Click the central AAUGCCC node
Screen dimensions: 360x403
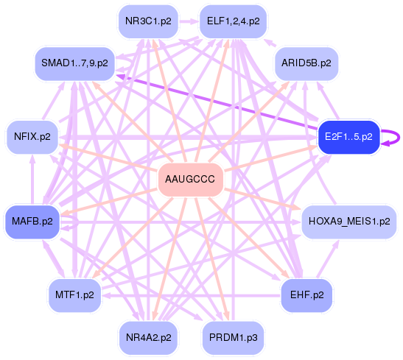coord(191,180)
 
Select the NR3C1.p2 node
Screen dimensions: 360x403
coord(149,21)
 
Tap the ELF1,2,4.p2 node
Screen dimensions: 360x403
coord(233,21)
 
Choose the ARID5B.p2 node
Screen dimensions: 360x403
coord(306,63)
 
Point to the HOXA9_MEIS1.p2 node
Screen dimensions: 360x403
coord(349,222)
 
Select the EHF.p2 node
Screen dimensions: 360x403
coord(306,295)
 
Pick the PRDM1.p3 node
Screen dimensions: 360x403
coord(233,337)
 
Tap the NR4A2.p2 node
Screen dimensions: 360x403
coord(149,337)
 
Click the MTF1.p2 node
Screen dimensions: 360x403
coord(74,295)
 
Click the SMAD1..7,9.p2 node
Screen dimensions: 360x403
coord(74,63)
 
